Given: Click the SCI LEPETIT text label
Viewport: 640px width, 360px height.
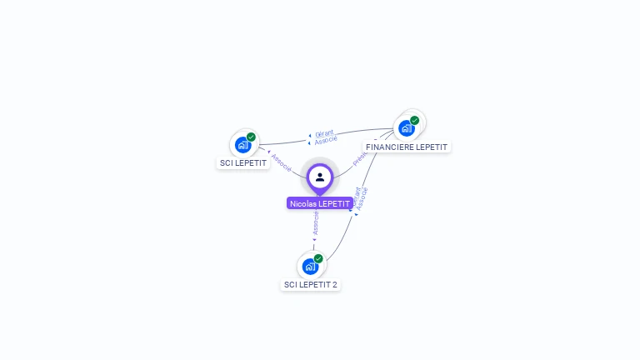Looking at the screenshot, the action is pyautogui.click(x=243, y=163).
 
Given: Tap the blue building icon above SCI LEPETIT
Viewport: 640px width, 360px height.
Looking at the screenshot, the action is pyautogui.click(x=242, y=145).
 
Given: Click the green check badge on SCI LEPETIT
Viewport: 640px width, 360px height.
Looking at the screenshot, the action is pyautogui.click(x=251, y=137).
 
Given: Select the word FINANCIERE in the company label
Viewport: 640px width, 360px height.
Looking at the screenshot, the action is pyautogui.click(x=390, y=147).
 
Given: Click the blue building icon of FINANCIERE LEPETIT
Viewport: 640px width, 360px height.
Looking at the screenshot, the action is pyautogui.click(x=406, y=128).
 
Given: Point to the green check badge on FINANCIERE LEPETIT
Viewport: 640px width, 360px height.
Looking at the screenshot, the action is pyautogui.click(x=414, y=120).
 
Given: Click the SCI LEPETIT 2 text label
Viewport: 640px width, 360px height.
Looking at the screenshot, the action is pyautogui.click(x=310, y=285).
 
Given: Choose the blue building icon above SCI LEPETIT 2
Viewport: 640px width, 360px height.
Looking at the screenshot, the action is pyautogui.click(x=310, y=267).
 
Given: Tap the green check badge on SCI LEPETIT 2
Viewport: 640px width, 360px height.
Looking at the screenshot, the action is pyautogui.click(x=318, y=258).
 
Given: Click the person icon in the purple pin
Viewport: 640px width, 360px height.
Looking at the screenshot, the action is pyautogui.click(x=320, y=177).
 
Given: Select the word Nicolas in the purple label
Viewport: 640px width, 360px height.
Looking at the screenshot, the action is pyautogui.click(x=303, y=203).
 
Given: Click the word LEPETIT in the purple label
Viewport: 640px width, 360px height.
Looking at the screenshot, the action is pyautogui.click(x=334, y=203).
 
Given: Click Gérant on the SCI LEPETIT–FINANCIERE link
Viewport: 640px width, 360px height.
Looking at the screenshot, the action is pyautogui.click(x=324, y=133).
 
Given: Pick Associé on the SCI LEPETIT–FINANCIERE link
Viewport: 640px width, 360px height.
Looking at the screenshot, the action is pyautogui.click(x=326, y=140).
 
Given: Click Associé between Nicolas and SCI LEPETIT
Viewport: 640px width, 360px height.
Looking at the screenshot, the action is pyautogui.click(x=281, y=162).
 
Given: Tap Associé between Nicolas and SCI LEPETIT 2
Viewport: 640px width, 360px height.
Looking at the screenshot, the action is pyautogui.click(x=316, y=222).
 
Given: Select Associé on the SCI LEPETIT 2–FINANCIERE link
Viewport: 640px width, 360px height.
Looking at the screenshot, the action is pyautogui.click(x=362, y=198).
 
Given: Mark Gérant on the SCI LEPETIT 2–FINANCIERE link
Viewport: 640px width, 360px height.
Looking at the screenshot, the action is pyautogui.click(x=356, y=197).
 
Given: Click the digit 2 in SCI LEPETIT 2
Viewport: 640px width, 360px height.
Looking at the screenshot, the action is pyautogui.click(x=335, y=285).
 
